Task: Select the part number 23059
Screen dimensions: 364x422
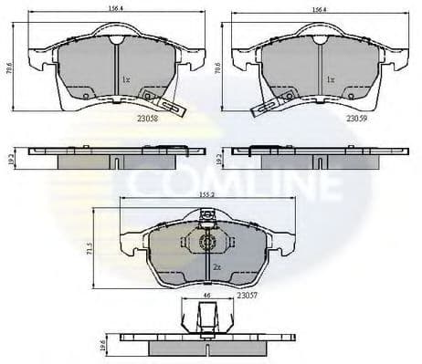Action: tap(356, 118)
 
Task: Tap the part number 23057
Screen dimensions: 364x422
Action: tap(247, 296)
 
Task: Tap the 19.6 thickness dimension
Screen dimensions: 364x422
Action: tap(102, 344)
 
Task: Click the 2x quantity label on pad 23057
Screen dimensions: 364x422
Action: tap(216, 267)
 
